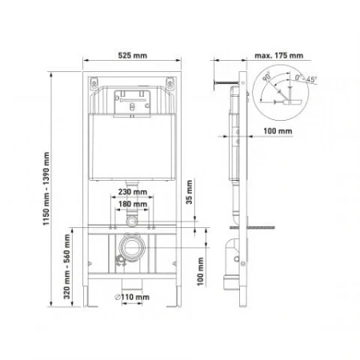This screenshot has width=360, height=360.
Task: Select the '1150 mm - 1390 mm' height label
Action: click(x=47, y=189)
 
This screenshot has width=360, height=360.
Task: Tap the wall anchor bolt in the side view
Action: click(x=222, y=82)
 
